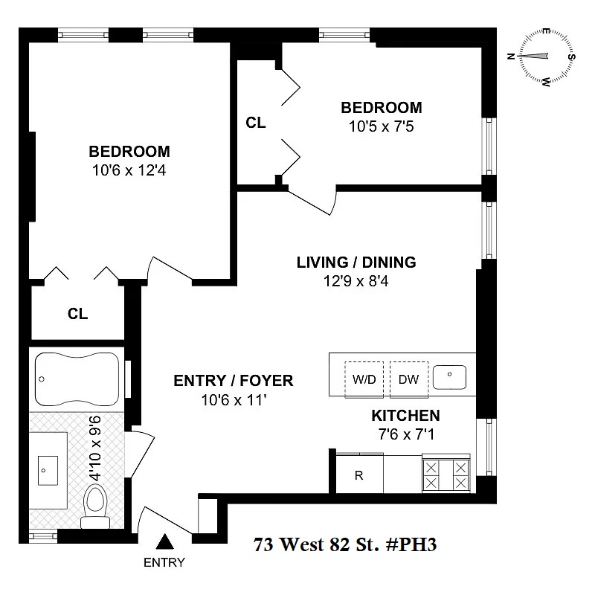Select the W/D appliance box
tap(364, 379)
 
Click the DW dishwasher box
tap(408, 379)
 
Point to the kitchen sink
tap(451, 378)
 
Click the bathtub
tap(76, 379)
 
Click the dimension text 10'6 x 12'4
tap(129, 170)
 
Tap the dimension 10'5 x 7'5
tap(381, 126)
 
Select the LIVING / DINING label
tap(356, 263)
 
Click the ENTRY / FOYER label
tap(233, 381)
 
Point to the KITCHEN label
tap(405, 416)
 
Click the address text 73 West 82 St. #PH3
tap(344, 544)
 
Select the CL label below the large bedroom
tap(77, 314)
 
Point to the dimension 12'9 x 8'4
tap(356, 281)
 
